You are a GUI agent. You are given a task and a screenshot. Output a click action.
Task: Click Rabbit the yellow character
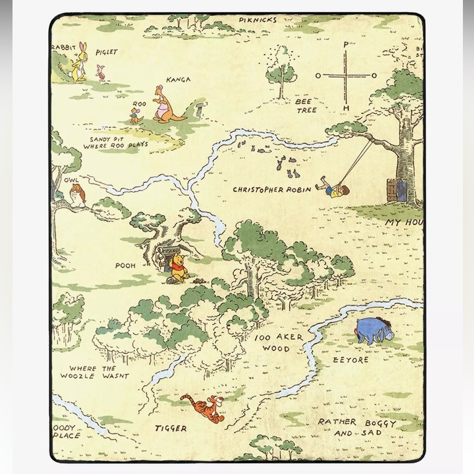[80, 63]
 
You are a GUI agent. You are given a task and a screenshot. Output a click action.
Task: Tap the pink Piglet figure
[100, 73]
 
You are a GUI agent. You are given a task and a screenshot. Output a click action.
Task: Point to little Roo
[135, 115]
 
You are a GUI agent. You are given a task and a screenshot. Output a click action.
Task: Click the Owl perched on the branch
[76, 194]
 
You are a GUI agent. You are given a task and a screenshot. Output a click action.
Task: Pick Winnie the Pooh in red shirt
[179, 268]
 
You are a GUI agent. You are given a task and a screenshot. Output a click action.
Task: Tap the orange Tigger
[203, 408]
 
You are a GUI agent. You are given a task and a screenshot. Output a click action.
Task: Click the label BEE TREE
[306, 106]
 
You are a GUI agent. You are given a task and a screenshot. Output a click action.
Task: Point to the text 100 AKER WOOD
[279, 343]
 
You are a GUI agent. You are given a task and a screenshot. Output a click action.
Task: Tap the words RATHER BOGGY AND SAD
[356, 427]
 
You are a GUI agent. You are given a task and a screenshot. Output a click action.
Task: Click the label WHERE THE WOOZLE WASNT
[94, 372]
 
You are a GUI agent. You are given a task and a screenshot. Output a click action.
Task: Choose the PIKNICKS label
[257, 20]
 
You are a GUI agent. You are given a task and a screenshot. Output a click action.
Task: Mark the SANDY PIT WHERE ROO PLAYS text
[115, 142]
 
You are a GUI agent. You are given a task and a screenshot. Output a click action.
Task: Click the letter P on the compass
[346, 45]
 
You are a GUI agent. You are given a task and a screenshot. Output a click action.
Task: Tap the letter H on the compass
[346, 109]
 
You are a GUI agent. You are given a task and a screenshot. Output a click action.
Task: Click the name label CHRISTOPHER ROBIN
[272, 190]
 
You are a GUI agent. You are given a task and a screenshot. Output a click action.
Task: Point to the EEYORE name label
[350, 360]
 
